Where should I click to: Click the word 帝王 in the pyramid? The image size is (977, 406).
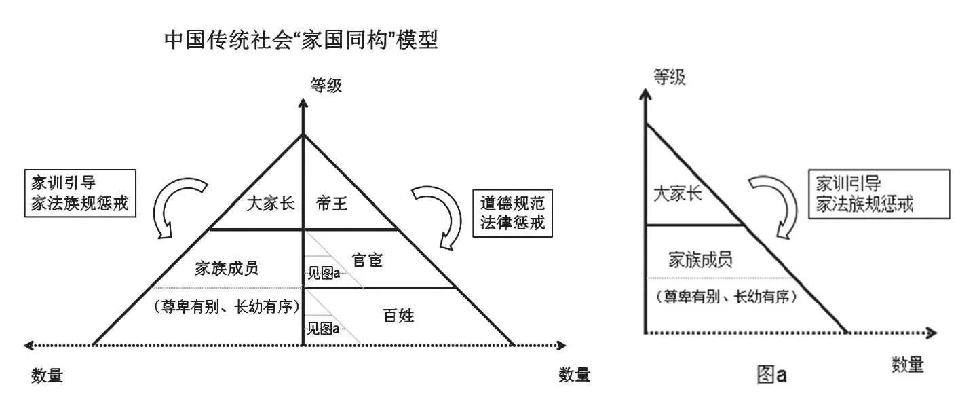(x=332, y=204)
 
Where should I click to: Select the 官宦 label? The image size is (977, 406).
(x=368, y=259)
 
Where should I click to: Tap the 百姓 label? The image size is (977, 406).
(x=398, y=315)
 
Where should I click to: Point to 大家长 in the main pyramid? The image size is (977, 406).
(x=269, y=204)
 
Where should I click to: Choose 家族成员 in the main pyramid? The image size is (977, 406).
(x=226, y=268)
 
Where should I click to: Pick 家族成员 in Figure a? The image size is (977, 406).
(x=700, y=260)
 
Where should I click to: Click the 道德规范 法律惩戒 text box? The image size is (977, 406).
(x=512, y=213)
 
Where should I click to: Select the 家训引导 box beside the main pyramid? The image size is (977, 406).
(x=79, y=193)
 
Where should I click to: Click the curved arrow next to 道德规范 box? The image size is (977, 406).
(x=434, y=214)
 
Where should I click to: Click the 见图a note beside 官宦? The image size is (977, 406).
(x=324, y=274)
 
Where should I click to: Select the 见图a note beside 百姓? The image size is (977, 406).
(x=323, y=329)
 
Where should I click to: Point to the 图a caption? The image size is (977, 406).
(x=772, y=374)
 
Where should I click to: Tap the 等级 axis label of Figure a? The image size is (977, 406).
(x=669, y=76)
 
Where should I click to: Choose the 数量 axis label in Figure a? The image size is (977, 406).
(x=907, y=365)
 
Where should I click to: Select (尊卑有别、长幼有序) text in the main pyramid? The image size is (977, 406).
(x=226, y=307)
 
